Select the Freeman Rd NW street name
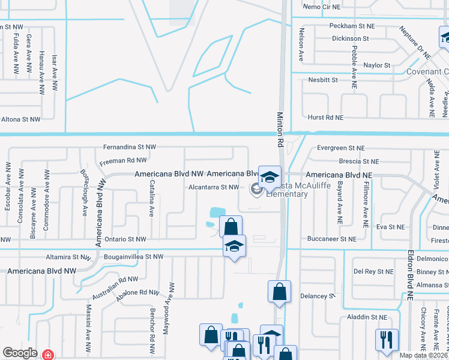(x=123, y=160)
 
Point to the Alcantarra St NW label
(x=214, y=187)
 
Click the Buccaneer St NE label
(x=332, y=239)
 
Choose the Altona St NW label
(x=20, y=119)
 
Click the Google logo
(x=20, y=353)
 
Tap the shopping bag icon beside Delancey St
(x=279, y=292)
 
